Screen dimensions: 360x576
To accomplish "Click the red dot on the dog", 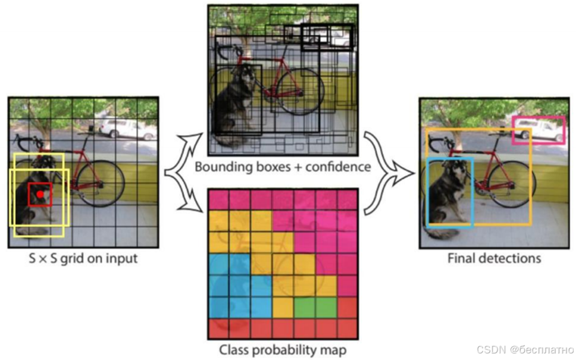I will click(x=40, y=194).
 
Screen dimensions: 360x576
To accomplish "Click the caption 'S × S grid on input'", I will click(x=83, y=258).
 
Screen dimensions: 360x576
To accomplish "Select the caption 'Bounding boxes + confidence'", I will click(x=283, y=167).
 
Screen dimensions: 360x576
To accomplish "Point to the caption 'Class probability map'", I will click(x=283, y=349).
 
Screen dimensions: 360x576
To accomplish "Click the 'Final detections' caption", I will click(x=494, y=258).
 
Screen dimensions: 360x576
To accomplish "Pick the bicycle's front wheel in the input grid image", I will click(x=101, y=183).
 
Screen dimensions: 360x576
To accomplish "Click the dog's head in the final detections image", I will click(x=455, y=170).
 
